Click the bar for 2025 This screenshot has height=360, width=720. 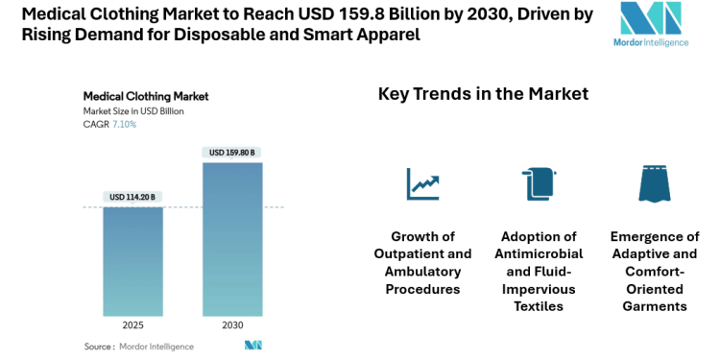click(133, 261)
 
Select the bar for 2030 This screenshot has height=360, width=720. click(232, 239)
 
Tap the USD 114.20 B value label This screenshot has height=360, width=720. click(132, 197)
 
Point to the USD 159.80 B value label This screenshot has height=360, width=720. click(232, 152)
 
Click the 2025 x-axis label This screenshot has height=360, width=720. click(133, 325)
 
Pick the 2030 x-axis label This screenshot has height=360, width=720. click(232, 325)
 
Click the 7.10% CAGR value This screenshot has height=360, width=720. click(125, 125)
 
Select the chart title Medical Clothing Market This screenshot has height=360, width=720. click(146, 96)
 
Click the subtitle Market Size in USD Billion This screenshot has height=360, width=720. click(133, 111)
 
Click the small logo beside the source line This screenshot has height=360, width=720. click(253, 346)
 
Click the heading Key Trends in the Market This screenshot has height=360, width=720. click(483, 94)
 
